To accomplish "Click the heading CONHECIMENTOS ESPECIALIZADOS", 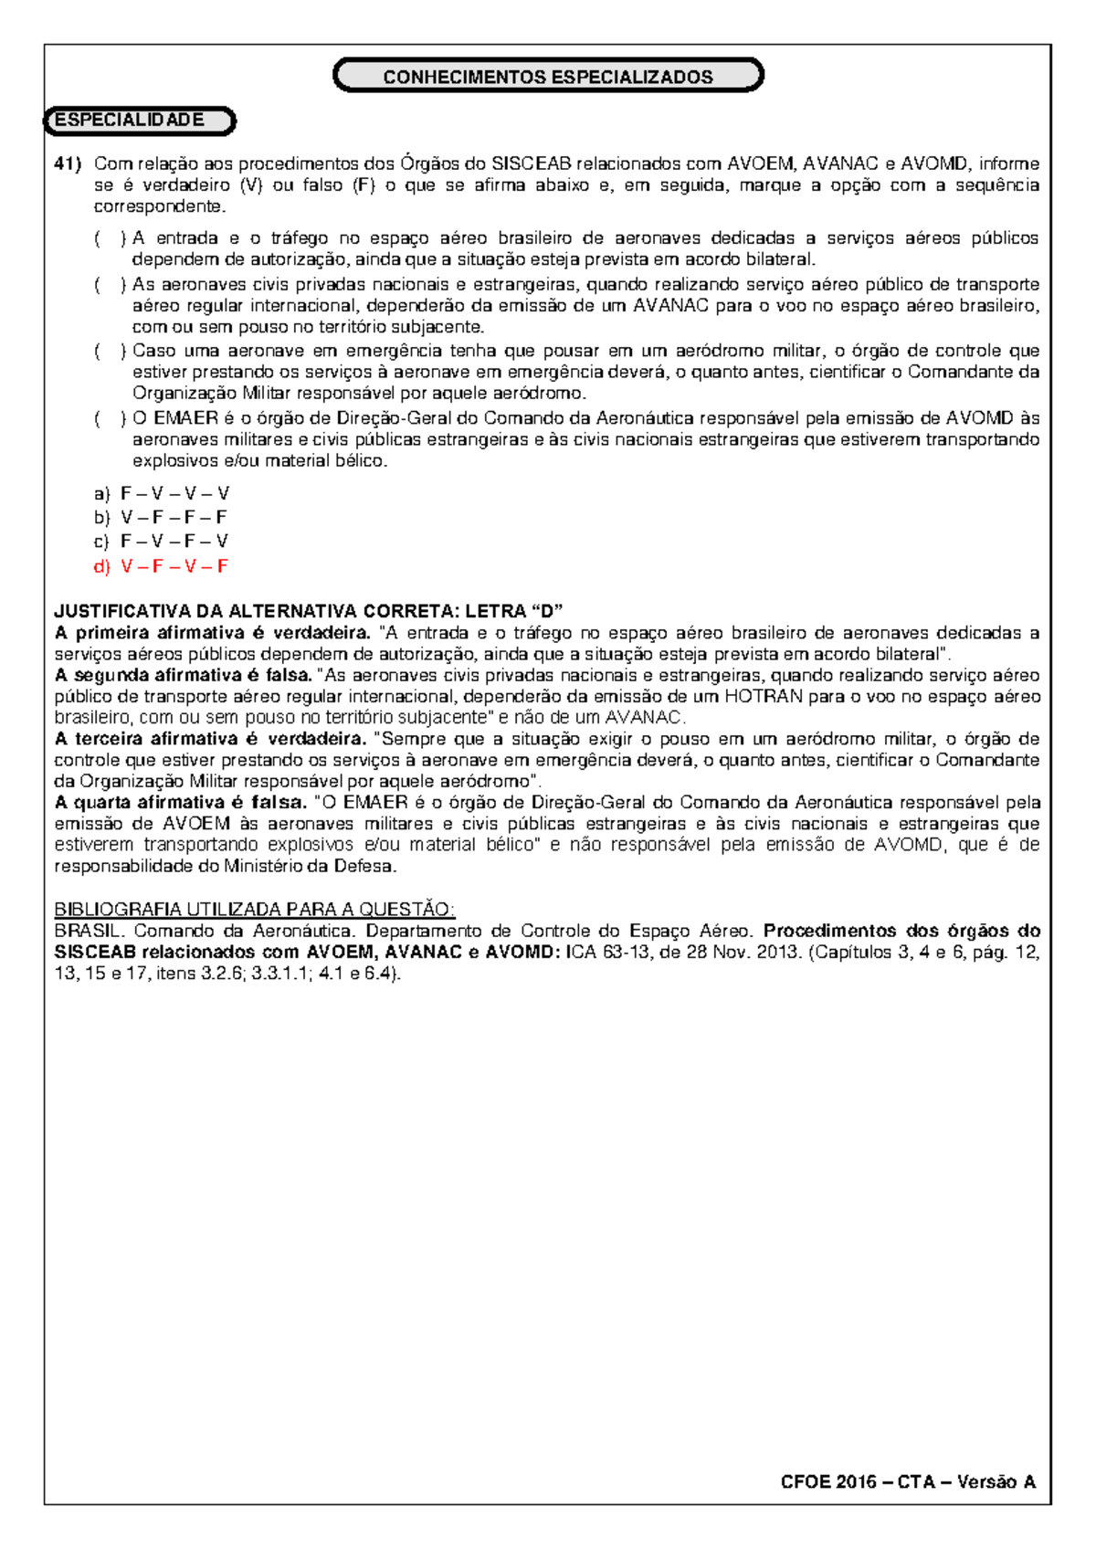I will [548, 77].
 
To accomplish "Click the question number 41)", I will [68, 163].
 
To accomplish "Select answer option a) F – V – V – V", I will [162, 494].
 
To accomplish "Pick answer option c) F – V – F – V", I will [162, 541].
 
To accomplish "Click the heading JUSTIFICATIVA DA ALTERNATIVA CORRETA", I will [309, 611].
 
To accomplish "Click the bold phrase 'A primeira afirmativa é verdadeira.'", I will [212, 633].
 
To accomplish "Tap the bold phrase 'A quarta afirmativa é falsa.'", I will [180, 803].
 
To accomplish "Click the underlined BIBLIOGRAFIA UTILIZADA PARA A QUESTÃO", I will [254, 910].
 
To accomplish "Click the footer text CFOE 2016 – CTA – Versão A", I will [908, 1481].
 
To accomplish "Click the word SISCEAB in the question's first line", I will [531, 163].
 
